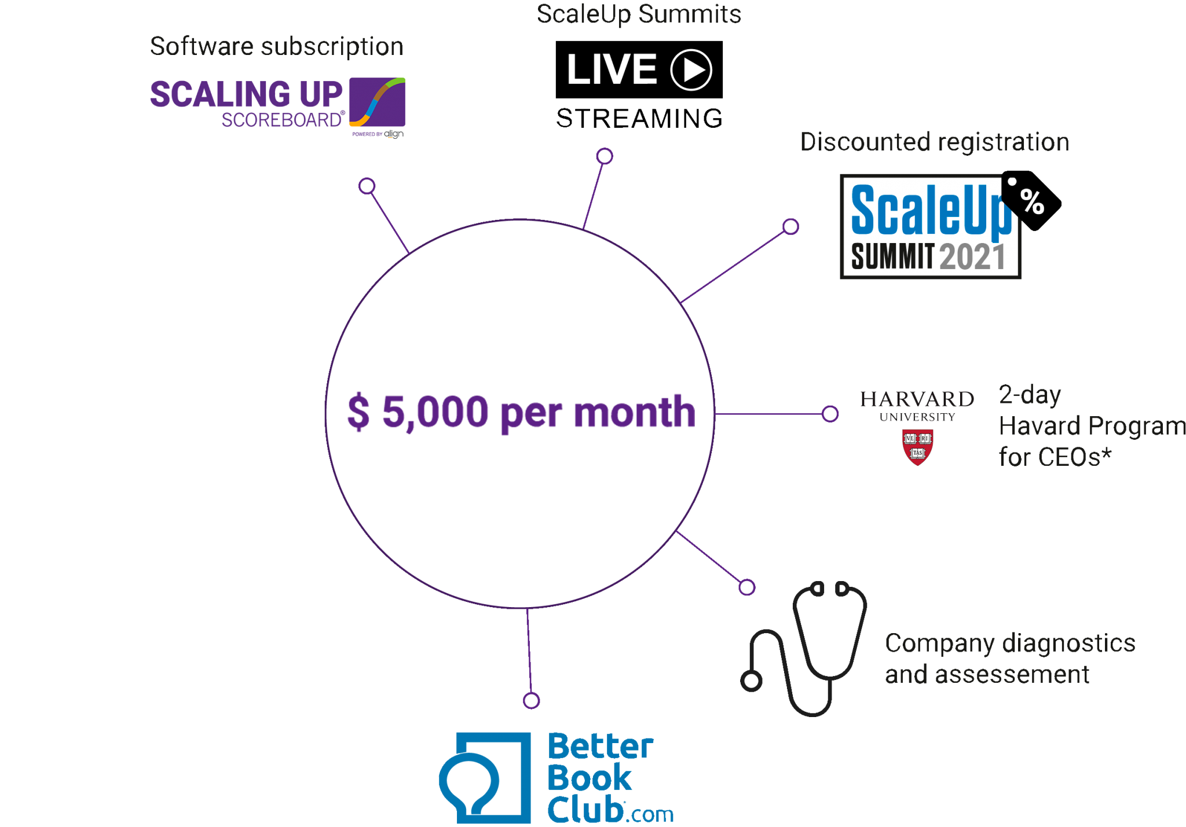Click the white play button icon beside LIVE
(x=691, y=70)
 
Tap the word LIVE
(x=612, y=70)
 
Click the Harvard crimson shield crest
(x=917, y=447)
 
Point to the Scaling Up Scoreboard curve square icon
(x=377, y=102)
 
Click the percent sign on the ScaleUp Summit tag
(x=1032, y=202)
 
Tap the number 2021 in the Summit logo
(x=973, y=257)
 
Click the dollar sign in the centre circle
(x=358, y=412)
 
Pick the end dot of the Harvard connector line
(x=830, y=414)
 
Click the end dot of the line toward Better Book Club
(x=531, y=700)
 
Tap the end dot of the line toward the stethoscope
(x=747, y=587)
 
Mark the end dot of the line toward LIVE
(x=605, y=156)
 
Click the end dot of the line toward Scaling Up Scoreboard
(x=367, y=186)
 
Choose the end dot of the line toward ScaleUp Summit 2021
(x=790, y=226)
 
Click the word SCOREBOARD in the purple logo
(x=282, y=120)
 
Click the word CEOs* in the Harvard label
(x=1055, y=457)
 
